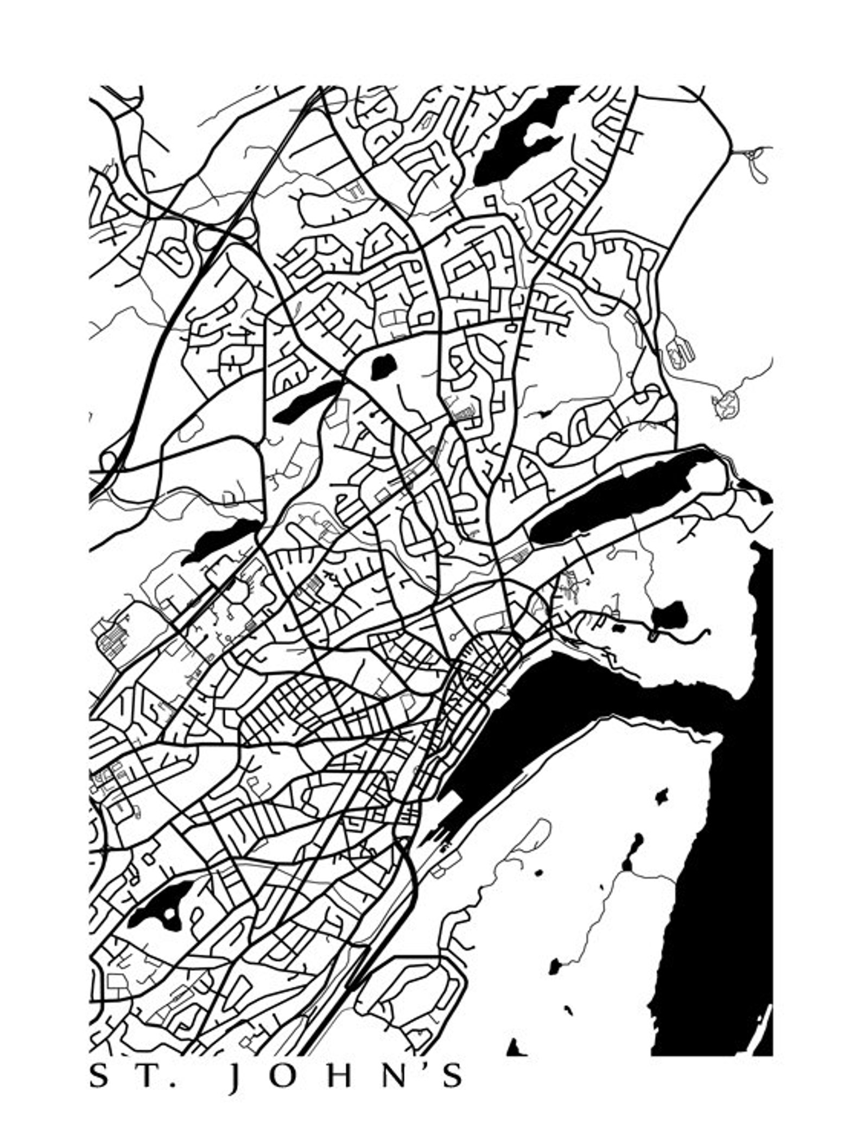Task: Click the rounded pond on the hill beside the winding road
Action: (x=669, y=615)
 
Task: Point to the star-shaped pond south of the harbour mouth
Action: (x=661, y=796)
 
